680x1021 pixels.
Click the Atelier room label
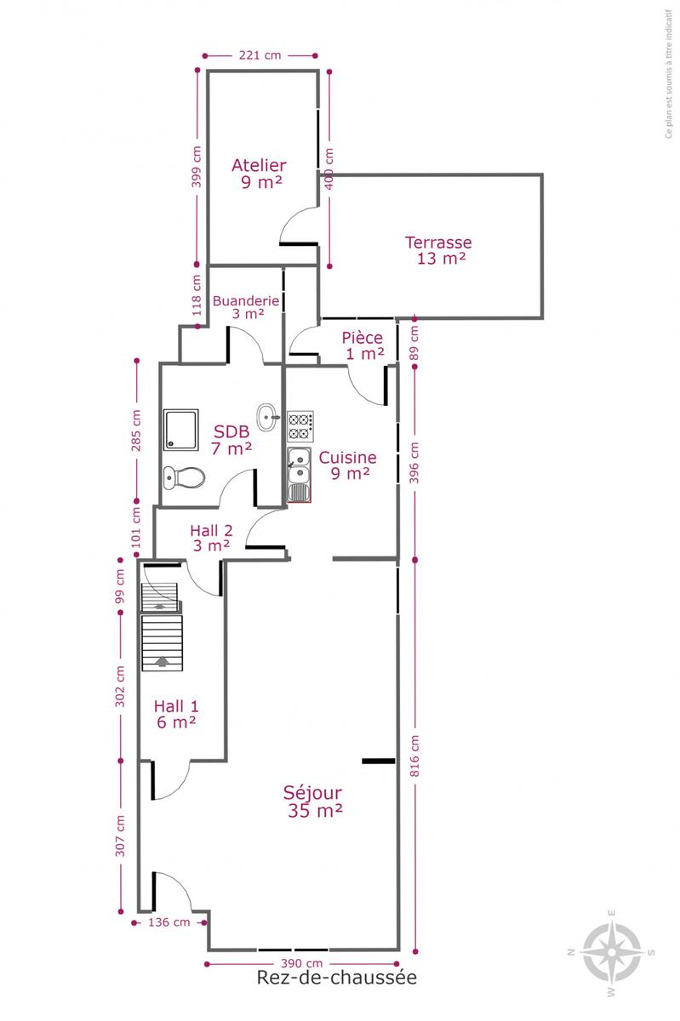click(259, 174)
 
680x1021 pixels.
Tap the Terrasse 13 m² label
click(438, 250)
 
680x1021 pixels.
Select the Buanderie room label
click(246, 307)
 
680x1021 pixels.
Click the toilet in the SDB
click(184, 477)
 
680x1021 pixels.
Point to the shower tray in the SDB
click(181, 430)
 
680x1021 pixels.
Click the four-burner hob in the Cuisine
click(300, 426)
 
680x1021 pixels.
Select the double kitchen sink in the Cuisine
click(300, 475)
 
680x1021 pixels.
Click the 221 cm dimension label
click(260, 55)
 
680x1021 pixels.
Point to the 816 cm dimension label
click(414, 756)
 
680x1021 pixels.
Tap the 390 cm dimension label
click(301, 963)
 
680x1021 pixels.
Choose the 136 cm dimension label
click(169, 922)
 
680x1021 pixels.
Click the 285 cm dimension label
click(136, 431)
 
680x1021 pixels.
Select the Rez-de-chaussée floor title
click(336, 978)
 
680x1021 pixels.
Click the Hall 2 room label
click(211, 538)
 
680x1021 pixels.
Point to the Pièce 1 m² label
click(363, 345)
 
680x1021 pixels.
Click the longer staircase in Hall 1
click(162, 642)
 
